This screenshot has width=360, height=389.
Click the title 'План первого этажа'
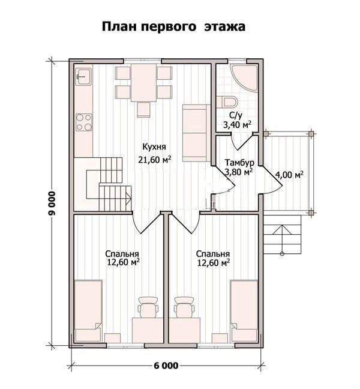pyautogui.click(x=173, y=26)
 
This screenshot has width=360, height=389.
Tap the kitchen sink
pyautogui.click(x=83, y=76)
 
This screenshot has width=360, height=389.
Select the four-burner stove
pyautogui.click(x=84, y=122)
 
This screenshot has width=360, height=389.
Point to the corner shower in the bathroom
pyautogui.click(x=244, y=77)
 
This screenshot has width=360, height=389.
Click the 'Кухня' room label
pyautogui.click(x=154, y=146)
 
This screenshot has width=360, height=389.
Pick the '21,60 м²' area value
pyautogui.click(x=155, y=160)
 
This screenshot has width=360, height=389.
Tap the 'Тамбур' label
pyautogui.click(x=239, y=163)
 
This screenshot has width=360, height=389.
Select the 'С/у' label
pyautogui.click(x=236, y=115)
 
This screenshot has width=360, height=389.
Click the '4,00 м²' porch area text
pyautogui.click(x=290, y=175)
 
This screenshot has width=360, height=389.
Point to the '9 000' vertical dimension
pyautogui.click(x=52, y=204)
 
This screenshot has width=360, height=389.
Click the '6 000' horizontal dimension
pyautogui.click(x=166, y=366)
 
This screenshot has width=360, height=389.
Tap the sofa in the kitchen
pyautogui.click(x=195, y=133)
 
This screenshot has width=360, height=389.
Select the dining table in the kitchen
pyautogui.click(x=144, y=83)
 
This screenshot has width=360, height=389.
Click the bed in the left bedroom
pyautogui.click(x=88, y=311)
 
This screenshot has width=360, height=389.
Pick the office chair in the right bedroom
pyautogui.click(x=185, y=307)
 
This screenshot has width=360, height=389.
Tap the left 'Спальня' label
pyautogui.click(x=122, y=254)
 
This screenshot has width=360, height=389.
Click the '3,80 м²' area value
pyautogui.click(x=239, y=172)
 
